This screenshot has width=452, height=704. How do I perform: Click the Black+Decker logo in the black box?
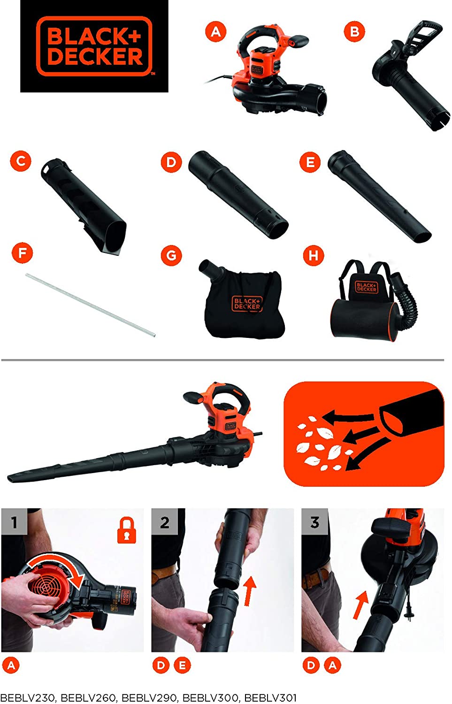94,46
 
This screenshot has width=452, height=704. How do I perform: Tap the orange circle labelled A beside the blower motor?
215,32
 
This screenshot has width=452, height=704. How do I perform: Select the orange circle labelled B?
354,32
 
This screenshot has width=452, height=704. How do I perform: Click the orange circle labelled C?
21,161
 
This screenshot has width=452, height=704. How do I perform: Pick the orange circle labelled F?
22,254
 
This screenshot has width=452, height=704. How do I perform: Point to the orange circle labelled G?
171,255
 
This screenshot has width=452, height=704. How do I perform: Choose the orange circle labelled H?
314,256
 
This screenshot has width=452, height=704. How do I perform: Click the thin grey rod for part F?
90,305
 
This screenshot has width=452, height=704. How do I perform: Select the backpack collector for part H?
371,305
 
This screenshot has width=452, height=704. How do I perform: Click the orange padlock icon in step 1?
126,530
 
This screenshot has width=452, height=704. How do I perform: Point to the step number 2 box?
165,522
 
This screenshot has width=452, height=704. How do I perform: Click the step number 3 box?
314,522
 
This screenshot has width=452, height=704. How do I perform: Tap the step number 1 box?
14,522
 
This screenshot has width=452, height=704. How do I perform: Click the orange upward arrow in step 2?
250,591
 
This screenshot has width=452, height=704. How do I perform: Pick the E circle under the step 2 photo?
182,665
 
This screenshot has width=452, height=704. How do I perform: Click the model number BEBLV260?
88,698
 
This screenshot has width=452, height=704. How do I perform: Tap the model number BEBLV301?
270,698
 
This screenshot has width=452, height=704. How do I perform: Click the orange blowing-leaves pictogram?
364,434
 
